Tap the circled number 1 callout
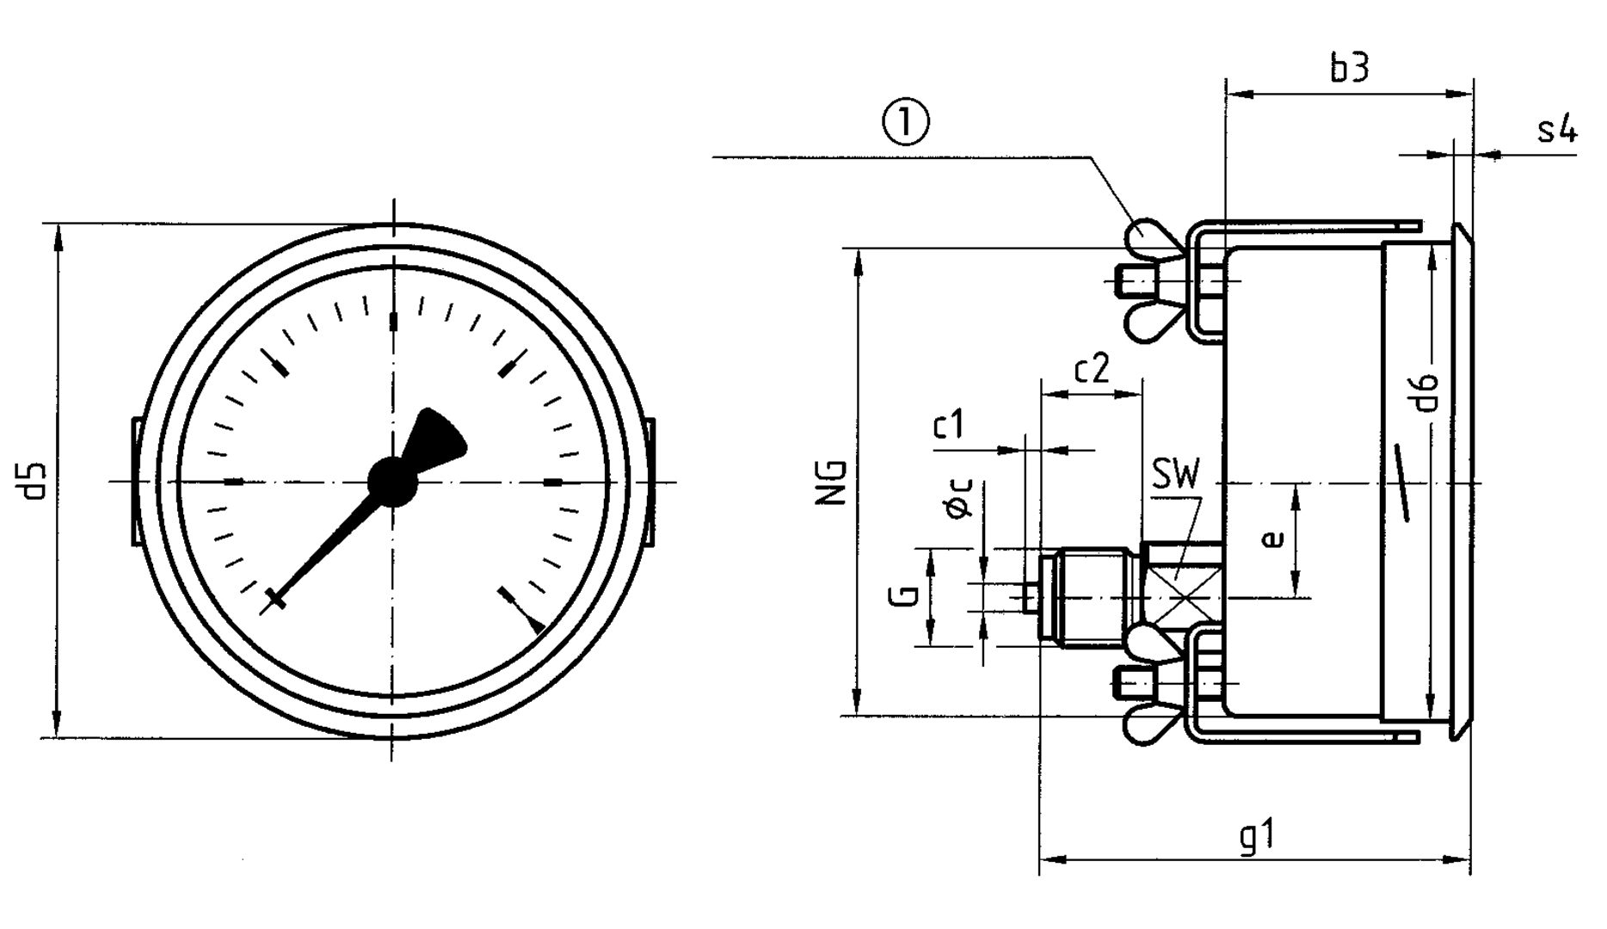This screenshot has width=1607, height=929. pos(906,123)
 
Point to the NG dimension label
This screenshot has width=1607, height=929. pos(832,483)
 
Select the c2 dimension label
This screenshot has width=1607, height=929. pos(1091,369)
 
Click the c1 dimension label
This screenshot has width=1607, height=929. pos(949,425)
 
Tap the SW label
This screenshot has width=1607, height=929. pos(1175,474)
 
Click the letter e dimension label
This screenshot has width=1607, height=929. pos(1273,538)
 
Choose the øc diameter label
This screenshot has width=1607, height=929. pos(960,498)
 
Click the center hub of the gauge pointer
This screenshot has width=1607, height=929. pos(392,482)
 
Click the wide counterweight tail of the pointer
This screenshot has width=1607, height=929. pos(439,437)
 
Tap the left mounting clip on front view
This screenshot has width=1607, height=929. pos(136,481)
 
